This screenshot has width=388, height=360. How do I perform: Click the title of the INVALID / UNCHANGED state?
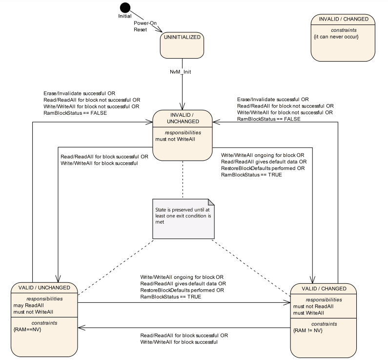(182, 119)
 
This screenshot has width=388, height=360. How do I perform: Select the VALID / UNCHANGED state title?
(43, 287)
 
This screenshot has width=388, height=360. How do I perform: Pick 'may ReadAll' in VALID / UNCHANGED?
(27, 305)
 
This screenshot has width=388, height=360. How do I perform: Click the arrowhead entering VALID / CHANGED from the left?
(287, 303)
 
